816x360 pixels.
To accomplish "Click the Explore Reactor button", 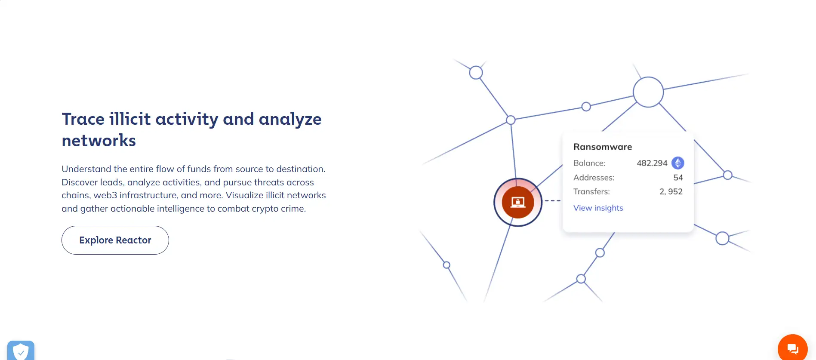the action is tap(115, 240).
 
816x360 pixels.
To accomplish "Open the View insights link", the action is tap(598, 208).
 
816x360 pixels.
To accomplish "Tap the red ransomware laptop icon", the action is tap(518, 202).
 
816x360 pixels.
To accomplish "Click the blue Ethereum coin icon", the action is tap(678, 163).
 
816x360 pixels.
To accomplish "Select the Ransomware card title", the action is tap(603, 147).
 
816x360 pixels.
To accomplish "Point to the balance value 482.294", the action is tap(652, 163).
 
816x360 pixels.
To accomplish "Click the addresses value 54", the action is tap(678, 178).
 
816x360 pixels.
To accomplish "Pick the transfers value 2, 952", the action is tap(671, 192).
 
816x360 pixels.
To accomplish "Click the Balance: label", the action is tap(589, 163).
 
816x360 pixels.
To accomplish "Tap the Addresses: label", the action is tap(594, 178).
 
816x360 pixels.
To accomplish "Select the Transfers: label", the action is tap(591, 192).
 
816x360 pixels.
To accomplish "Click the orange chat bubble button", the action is tap(793, 348).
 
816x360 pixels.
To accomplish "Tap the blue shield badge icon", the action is tap(21, 351).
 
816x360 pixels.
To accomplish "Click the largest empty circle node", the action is tap(648, 77).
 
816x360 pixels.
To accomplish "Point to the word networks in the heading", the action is tap(99, 141).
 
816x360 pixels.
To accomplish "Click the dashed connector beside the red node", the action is tap(553, 201).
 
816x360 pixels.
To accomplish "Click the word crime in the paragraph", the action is tap(293, 209).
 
